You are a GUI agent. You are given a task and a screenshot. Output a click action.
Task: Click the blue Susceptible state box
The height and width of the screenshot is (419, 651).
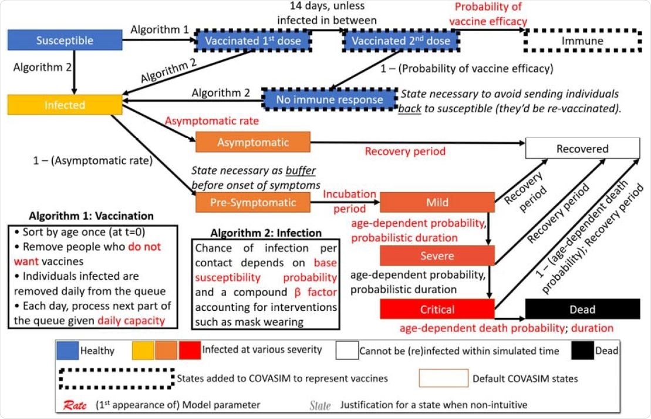(65, 41)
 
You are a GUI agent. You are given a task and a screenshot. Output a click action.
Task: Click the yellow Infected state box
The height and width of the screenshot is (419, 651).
(65, 105)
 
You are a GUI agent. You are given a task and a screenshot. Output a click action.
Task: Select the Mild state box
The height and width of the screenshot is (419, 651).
(437, 202)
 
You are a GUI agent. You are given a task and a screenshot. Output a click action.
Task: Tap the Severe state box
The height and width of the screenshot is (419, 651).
(437, 256)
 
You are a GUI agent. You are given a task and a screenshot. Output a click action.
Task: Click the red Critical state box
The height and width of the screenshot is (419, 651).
(437, 309)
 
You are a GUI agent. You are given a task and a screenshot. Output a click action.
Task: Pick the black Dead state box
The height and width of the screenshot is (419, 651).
(582, 309)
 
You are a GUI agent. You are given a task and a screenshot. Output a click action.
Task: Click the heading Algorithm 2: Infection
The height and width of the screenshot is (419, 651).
(267, 233)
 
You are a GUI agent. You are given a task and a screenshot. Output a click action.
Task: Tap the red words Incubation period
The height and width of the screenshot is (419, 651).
(350, 201)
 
